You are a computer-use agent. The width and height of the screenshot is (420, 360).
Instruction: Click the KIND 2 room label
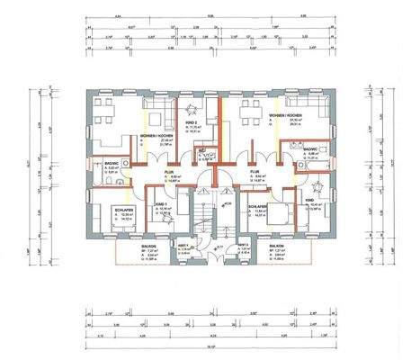191,121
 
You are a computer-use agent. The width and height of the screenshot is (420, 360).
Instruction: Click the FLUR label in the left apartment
168,170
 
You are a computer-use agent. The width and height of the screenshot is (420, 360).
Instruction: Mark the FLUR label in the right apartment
255,170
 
